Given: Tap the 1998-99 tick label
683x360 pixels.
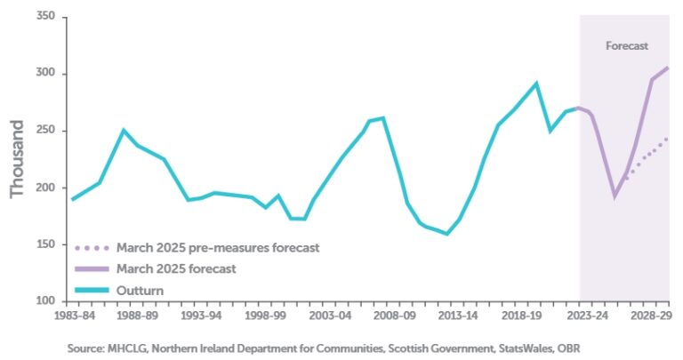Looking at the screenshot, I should (267, 316).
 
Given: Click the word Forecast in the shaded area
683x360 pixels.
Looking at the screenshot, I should (626, 45).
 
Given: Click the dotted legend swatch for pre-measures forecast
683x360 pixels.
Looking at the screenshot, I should (91, 247).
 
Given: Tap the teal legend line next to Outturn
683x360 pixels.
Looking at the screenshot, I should (91, 290).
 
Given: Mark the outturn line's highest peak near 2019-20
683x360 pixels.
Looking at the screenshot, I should (535, 84).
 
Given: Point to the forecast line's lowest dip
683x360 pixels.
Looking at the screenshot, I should (613, 196).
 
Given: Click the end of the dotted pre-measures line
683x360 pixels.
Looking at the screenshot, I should (668, 139).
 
